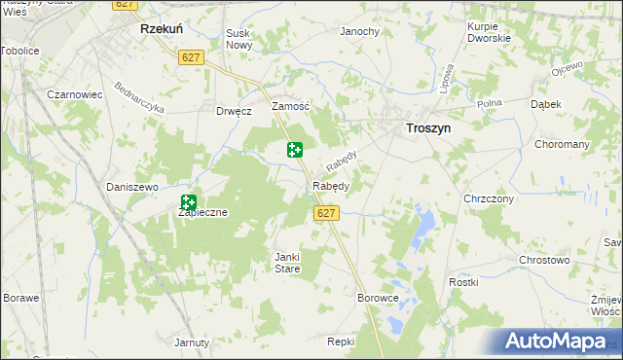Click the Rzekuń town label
156,30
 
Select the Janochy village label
359,31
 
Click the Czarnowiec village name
75,95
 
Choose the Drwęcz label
235,111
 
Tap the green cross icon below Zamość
294,150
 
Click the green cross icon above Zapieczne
189,202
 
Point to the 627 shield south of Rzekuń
191,58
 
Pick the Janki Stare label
286,262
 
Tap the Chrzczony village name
489,198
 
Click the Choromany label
563,144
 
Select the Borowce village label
379,298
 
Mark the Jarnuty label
192,342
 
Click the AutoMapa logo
556,342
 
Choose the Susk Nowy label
239,39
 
